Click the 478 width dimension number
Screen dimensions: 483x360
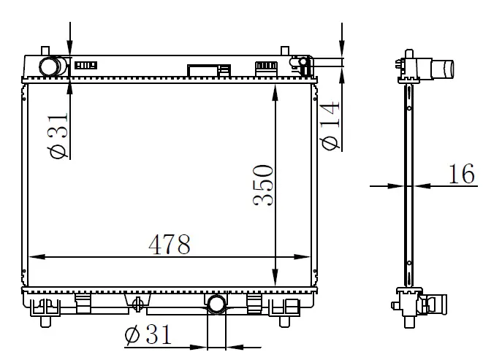[x=169, y=245]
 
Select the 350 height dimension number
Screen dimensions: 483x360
[x=263, y=185]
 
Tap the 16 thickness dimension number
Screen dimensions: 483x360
[x=461, y=174]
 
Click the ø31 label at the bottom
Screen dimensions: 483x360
[x=148, y=334]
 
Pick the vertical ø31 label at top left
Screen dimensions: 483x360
[x=57, y=135]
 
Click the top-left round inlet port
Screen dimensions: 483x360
[x=49, y=66]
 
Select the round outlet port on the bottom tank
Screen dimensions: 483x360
[x=217, y=304]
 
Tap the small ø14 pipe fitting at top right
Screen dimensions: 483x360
[x=303, y=63]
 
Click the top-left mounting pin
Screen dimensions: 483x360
[x=45, y=51]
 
